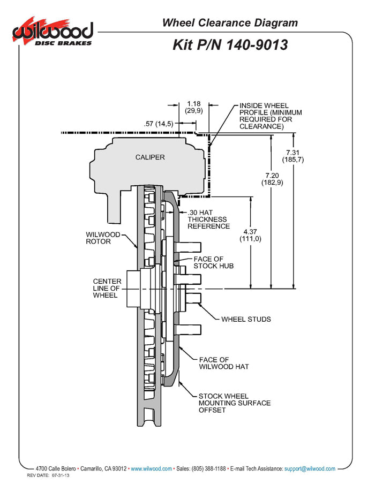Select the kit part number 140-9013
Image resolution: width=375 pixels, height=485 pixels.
click(x=230, y=44)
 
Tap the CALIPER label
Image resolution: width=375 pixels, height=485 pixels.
click(x=150, y=157)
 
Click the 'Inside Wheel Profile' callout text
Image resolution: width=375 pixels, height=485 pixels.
click(x=271, y=116)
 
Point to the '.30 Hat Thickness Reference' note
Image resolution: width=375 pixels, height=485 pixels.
click(x=208, y=219)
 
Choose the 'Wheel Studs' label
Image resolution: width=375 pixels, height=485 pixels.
click(x=246, y=320)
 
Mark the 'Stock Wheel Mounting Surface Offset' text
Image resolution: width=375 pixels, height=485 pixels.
click(x=234, y=403)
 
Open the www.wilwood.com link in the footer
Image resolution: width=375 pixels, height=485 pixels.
click(x=151, y=468)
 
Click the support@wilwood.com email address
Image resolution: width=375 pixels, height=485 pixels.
click(x=310, y=468)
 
